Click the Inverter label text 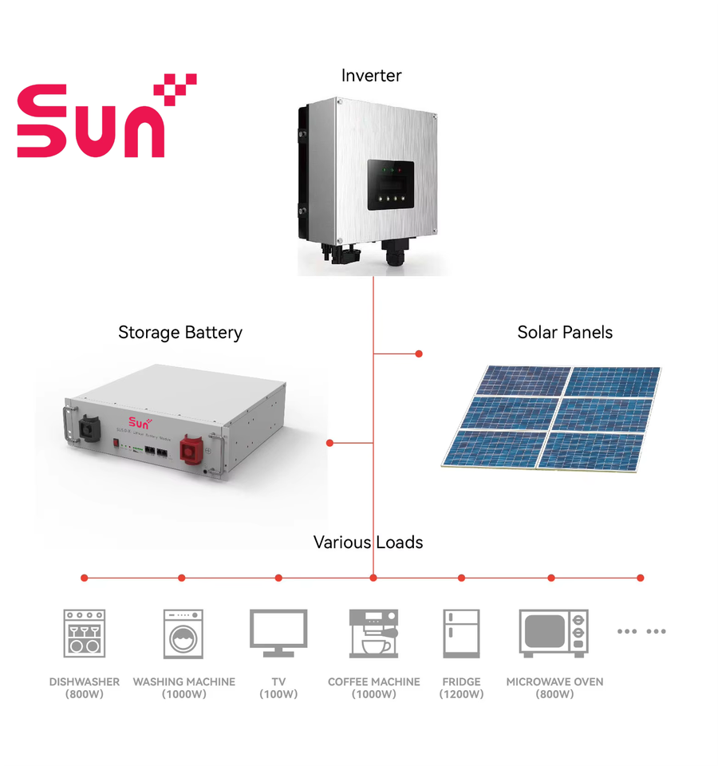[x=371, y=76]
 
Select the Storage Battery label [x=180, y=333]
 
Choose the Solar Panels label [x=565, y=333]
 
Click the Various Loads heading [x=368, y=543]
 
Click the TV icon [x=278, y=633]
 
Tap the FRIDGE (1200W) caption [x=461, y=688]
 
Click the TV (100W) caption [x=278, y=688]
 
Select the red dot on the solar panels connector [x=419, y=353]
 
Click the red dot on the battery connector [x=329, y=443]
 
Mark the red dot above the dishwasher [x=85, y=578]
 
